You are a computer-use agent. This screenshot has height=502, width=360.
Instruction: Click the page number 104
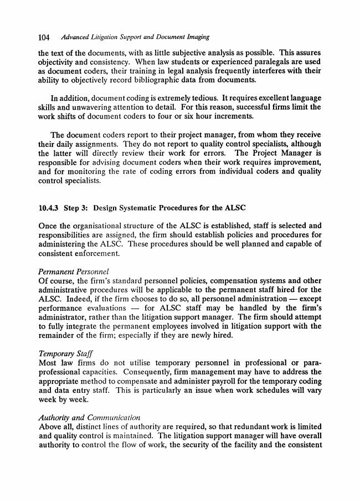[x=44, y=37]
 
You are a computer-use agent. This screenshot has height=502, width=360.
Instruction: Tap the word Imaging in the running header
[x=196, y=37]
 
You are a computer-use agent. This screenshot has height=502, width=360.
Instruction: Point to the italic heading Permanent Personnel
[x=73, y=271]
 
